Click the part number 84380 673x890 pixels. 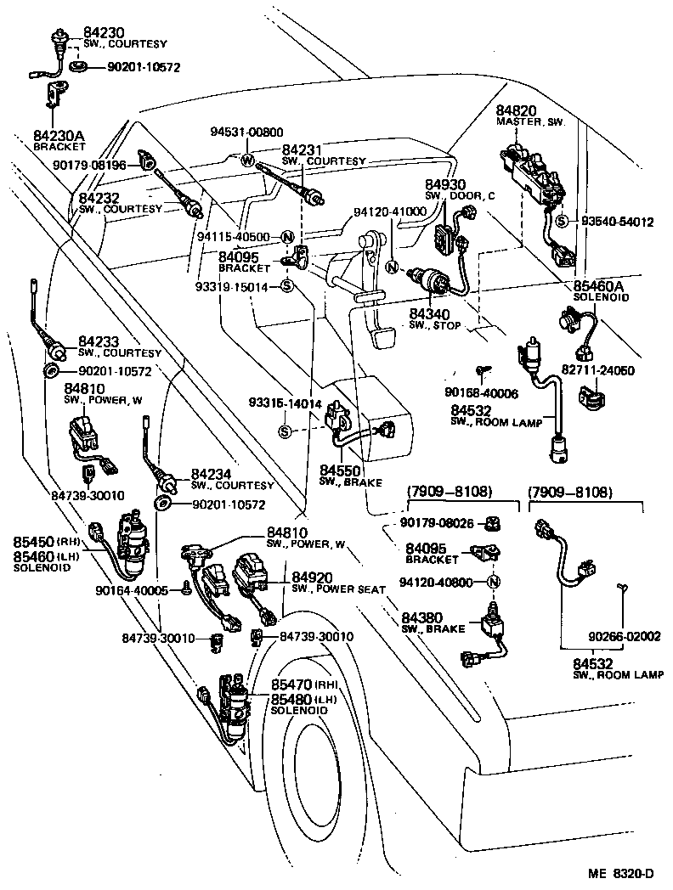coord(421,617)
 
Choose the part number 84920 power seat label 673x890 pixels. coord(311,577)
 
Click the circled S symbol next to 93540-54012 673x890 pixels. coord(562,222)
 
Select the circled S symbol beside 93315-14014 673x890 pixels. coord(286,432)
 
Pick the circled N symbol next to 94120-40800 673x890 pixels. coord(492,582)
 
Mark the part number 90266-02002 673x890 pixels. coord(625,635)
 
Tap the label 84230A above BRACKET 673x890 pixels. coord(59,136)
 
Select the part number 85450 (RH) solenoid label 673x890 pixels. coord(33,542)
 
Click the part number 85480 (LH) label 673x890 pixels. coord(291,698)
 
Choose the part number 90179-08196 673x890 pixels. coord(88,165)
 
